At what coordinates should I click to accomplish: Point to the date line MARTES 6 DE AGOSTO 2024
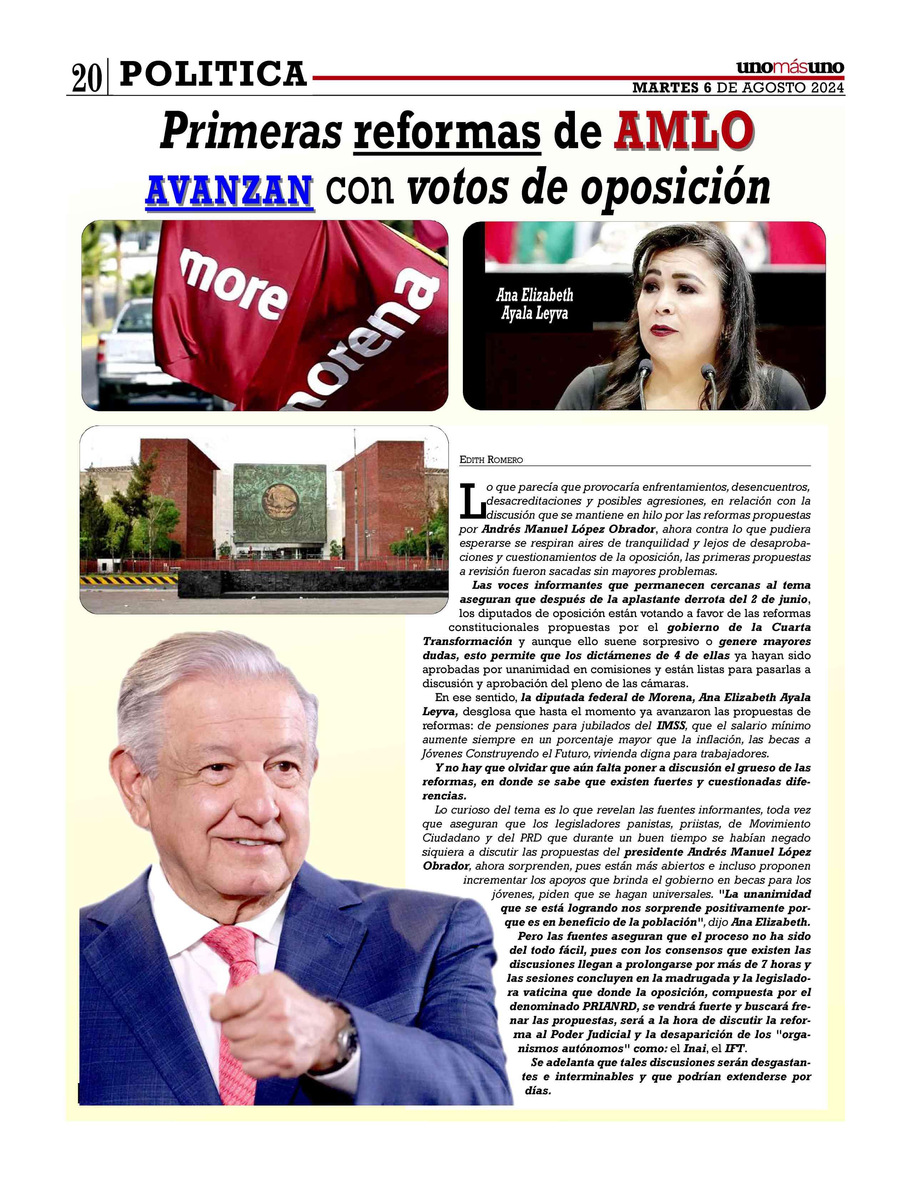(738, 88)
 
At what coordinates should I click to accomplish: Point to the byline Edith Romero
(491, 459)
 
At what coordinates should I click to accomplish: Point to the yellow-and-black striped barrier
(129, 580)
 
